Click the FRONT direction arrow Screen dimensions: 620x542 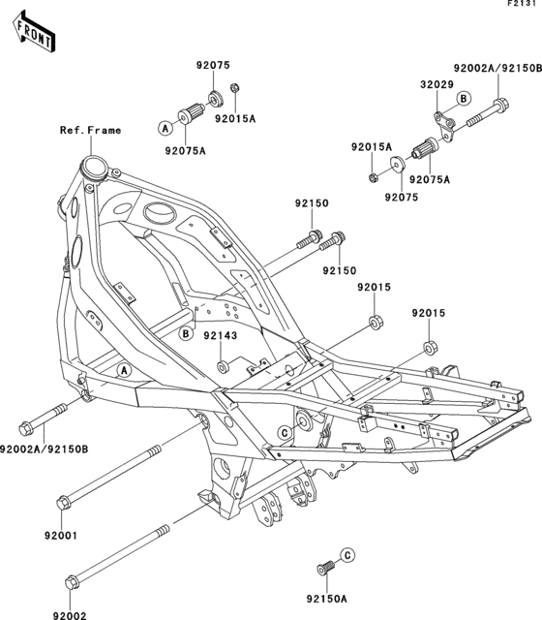pyautogui.click(x=33, y=34)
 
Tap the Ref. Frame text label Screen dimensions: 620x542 pyautogui.click(x=90, y=130)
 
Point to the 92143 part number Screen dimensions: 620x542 pyautogui.click(x=220, y=335)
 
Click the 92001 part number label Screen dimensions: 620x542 pyautogui.click(x=59, y=534)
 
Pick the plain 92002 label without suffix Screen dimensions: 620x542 pyautogui.click(x=69, y=615)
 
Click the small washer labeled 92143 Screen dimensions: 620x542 pyautogui.click(x=224, y=366)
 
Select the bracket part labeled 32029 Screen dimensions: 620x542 pyautogui.click(x=442, y=123)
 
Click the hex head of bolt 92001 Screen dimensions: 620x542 pyautogui.click(x=64, y=502)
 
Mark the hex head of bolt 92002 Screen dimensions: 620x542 pyautogui.click(x=71, y=583)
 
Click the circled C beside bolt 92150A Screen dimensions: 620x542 pyautogui.click(x=347, y=553)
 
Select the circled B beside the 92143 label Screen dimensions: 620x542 pyautogui.click(x=184, y=334)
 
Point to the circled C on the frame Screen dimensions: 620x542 pyautogui.click(x=286, y=431)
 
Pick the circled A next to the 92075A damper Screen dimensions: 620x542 pyautogui.click(x=166, y=127)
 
